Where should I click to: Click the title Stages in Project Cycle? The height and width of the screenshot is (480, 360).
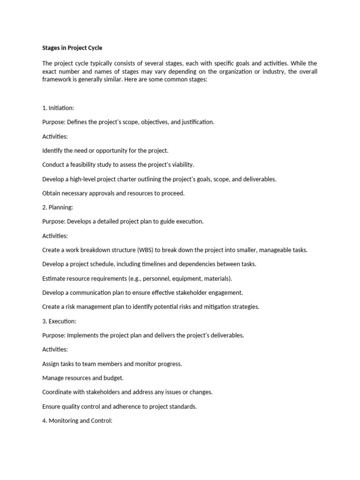72,48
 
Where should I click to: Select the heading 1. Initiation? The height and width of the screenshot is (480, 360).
58,108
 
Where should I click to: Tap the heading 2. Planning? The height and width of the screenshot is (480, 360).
58,207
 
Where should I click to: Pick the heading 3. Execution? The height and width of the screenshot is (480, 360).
59,321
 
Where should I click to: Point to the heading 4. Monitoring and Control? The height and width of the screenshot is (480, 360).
77,421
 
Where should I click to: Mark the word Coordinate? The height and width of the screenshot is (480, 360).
58,392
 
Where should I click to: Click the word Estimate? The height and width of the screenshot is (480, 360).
54,278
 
